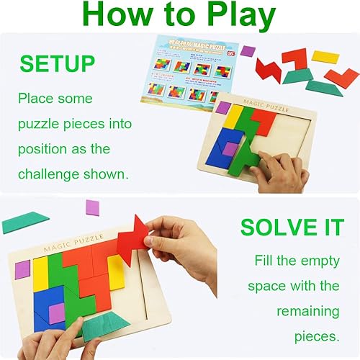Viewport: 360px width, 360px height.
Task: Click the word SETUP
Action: (57, 63)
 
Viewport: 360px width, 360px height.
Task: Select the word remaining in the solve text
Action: (309, 312)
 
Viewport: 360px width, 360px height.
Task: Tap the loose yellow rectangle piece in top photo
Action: (325, 55)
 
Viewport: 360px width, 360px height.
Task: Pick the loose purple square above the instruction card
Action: (248, 50)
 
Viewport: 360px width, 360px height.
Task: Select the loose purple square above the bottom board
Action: (93, 207)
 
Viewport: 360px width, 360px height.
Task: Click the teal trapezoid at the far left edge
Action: (24, 221)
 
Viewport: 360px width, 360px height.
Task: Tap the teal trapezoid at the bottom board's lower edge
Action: (107, 325)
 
